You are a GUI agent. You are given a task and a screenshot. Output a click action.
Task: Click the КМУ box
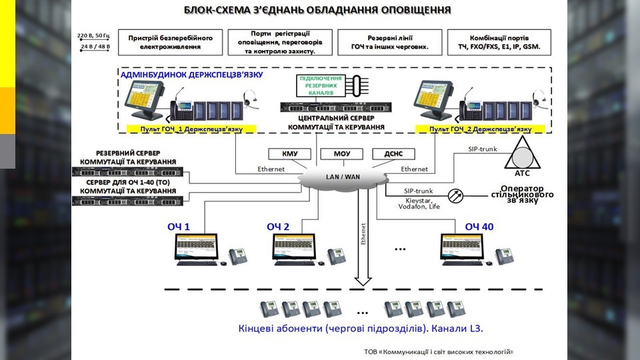[x=290, y=154]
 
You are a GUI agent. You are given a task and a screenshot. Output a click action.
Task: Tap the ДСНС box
[x=393, y=154]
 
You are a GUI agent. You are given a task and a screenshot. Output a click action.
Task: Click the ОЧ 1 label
[x=179, y=227]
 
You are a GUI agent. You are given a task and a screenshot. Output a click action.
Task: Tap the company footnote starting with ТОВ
[x=439, y=351]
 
